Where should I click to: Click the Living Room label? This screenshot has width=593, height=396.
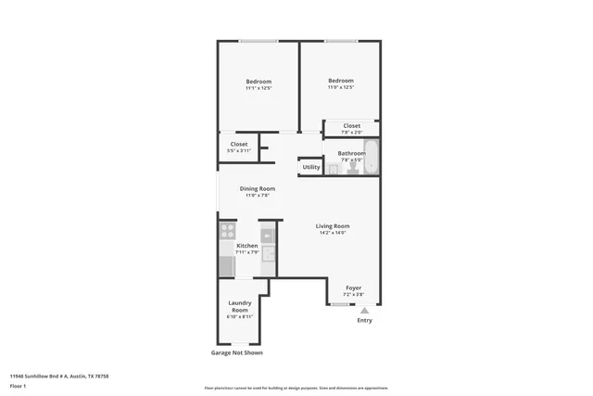click(x=332, y=225)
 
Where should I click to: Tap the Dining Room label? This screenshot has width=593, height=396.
click(x=258, y=188)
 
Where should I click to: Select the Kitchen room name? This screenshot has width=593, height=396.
click(x=246, y=246)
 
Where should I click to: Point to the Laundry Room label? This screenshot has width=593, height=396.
click(x=239, y=307)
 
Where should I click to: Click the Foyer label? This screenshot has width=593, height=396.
click(x=353, y=288)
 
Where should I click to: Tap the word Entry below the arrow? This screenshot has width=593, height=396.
click(x=364, y=321)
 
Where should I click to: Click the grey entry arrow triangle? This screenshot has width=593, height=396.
click(x=364, y=311)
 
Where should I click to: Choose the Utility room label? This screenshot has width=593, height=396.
click(x=311, y=167)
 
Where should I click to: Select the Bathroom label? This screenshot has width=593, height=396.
click(x=351, y=153)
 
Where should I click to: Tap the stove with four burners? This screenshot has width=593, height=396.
click(x=227, y=230)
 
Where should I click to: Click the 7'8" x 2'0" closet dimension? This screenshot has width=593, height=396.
click(x=352, y=132)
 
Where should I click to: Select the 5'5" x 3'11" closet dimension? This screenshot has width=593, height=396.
click(x=239, y=150)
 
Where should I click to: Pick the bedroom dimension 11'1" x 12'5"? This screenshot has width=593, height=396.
click(x=258, y=89)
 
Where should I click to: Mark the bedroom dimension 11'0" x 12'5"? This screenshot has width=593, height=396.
click(x=341, y=87)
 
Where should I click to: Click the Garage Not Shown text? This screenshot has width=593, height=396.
click(x=237, y=352)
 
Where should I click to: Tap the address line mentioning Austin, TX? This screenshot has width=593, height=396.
click(x=59, y=376)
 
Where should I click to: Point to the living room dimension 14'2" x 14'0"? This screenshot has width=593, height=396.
click(x=332, y=232)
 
